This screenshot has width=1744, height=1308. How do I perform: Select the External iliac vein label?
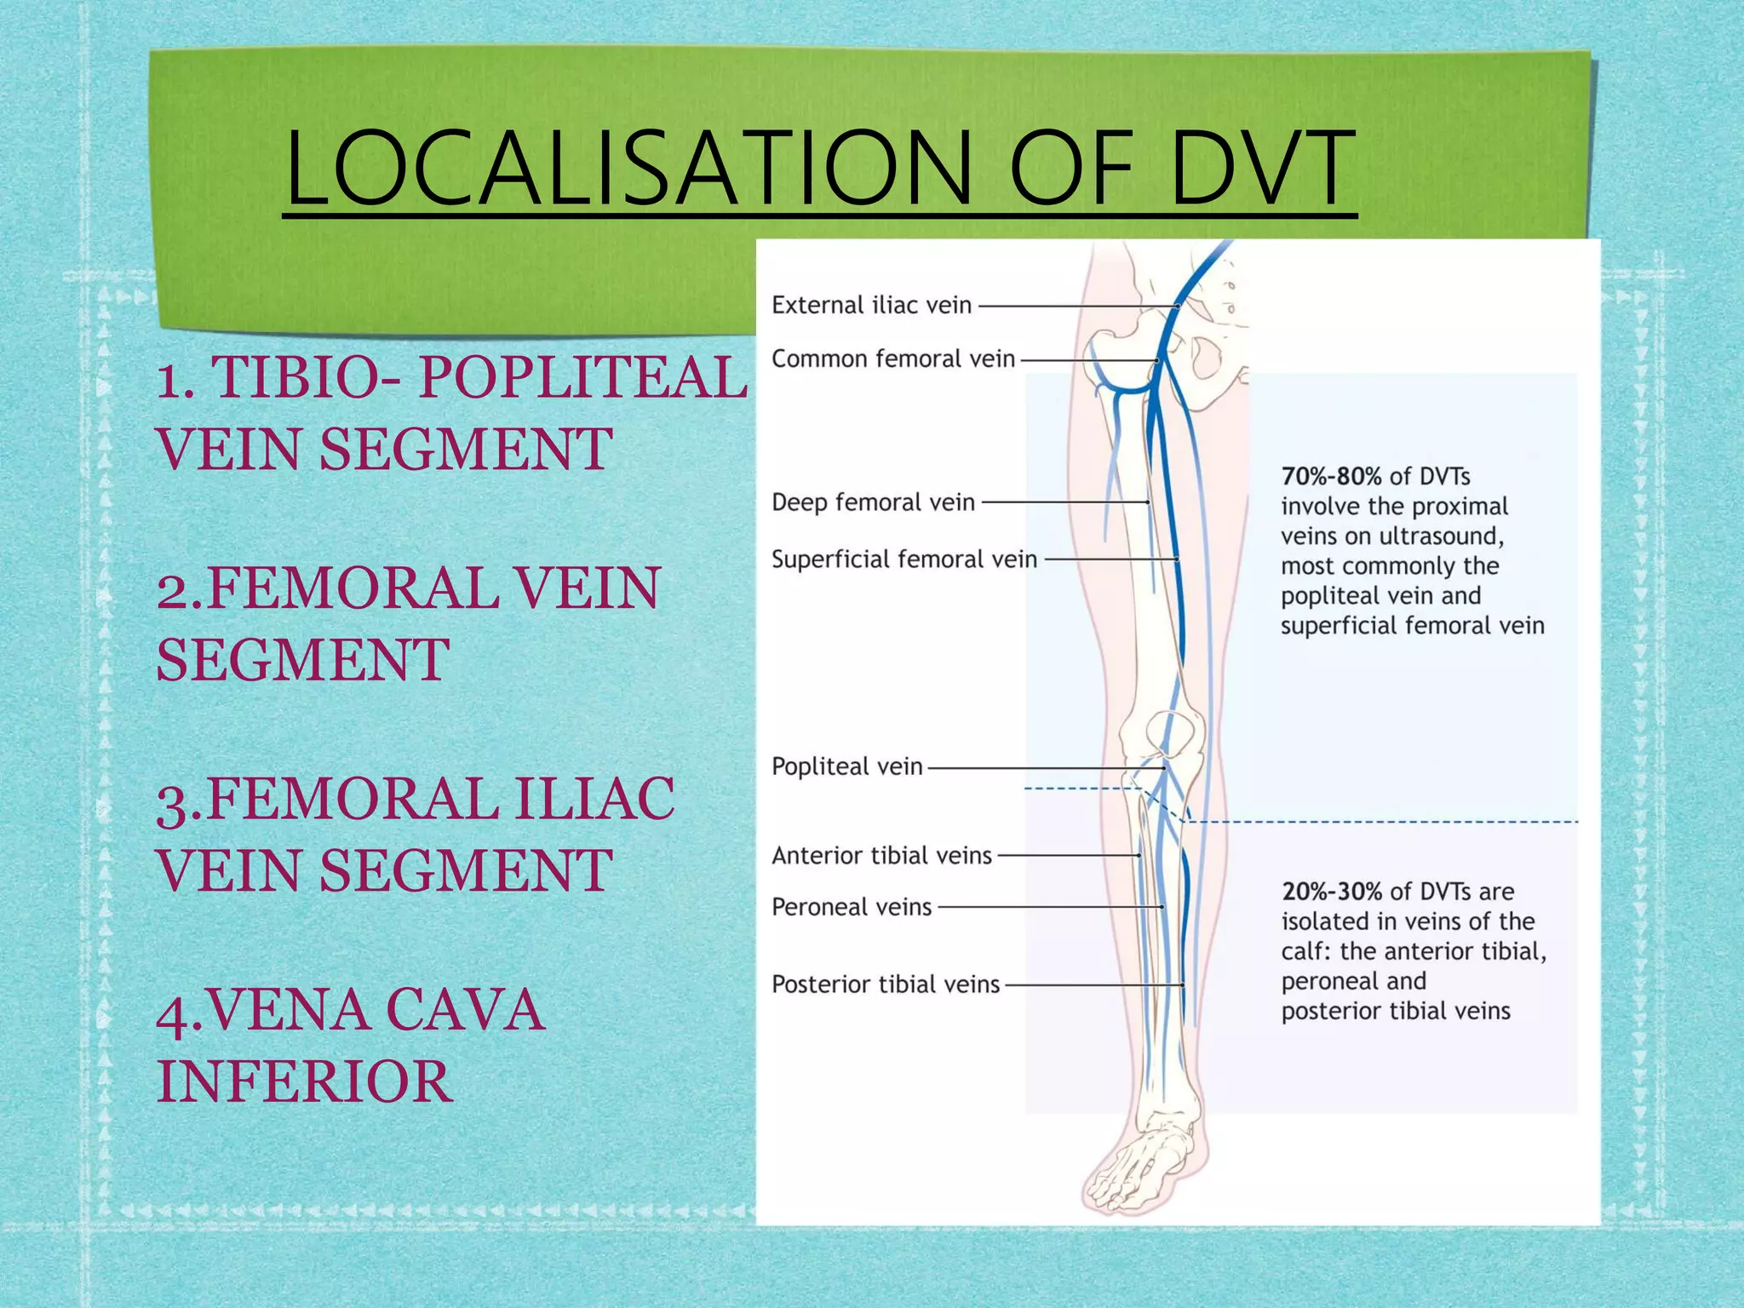(871, 305)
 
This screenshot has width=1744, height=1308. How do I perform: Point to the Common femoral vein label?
(892, 359)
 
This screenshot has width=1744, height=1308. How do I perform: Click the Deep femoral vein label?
(873, 502)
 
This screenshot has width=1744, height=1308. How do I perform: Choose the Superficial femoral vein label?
(904, 559)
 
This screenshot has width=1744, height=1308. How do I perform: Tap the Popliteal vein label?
(846, 766)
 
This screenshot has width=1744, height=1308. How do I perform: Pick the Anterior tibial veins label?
(881, 855)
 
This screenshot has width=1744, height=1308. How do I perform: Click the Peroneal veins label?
(852, 907)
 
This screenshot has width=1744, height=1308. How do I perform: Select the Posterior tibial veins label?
(885, 984)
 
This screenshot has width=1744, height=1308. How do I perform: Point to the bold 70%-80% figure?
(1330, 476)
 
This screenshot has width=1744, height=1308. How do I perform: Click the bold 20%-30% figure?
(1331, 892)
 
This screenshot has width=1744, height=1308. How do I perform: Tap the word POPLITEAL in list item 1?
(582, 377)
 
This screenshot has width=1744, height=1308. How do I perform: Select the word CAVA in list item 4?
(464, 1010)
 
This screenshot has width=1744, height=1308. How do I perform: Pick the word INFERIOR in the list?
(304, 1081)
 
